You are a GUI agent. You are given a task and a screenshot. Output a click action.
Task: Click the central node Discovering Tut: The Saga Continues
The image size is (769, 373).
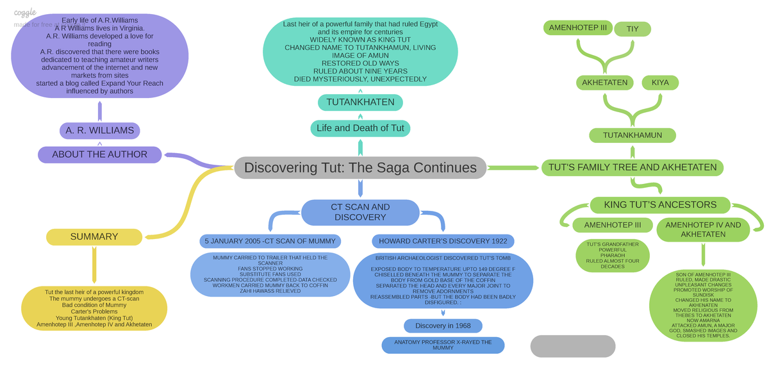pos(360,168)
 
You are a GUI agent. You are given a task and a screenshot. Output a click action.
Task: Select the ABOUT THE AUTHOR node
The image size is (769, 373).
pos(99,154)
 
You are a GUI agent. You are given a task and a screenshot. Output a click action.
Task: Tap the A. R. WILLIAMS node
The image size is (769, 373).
pos(99,131)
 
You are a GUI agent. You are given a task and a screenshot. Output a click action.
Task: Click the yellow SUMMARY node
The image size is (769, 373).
pos(94,236)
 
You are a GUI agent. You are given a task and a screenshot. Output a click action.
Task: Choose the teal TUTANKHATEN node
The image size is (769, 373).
pos(360,103)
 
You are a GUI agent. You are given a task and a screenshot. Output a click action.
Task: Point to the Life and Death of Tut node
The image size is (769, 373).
pos(360,128)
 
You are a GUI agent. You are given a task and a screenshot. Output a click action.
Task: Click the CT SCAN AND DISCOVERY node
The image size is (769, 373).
pos(360,212)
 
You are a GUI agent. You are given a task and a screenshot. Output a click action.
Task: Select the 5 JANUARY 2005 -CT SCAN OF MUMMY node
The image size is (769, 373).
pos(269,241)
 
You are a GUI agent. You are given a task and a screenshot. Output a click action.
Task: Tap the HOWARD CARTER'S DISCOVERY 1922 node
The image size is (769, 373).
pos(443,241)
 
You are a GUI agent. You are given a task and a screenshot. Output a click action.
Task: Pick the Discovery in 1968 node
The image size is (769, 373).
pos(443,326)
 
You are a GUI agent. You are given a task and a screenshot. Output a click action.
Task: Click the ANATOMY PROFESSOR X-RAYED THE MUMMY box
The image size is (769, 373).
pos(443,345)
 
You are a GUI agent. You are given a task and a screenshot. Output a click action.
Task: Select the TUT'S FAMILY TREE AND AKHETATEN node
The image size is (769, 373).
pos(633,168)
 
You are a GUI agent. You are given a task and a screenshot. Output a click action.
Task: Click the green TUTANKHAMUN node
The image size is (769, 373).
pos(633,135)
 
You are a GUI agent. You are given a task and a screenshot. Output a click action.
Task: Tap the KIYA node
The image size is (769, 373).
pos(659,83)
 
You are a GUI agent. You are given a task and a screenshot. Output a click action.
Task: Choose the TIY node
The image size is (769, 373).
pos(633,29)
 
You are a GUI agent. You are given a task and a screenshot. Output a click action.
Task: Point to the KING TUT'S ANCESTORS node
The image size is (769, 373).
pos(660,205)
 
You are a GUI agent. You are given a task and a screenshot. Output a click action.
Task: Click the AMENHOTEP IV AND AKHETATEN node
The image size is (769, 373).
pos(702,229)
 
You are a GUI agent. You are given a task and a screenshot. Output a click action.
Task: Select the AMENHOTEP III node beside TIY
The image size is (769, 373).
pos(577,28)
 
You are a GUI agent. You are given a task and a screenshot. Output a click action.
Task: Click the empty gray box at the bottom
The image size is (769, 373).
pos(572,345)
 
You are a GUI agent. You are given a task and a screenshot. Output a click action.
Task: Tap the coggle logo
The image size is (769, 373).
pos(25,12)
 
